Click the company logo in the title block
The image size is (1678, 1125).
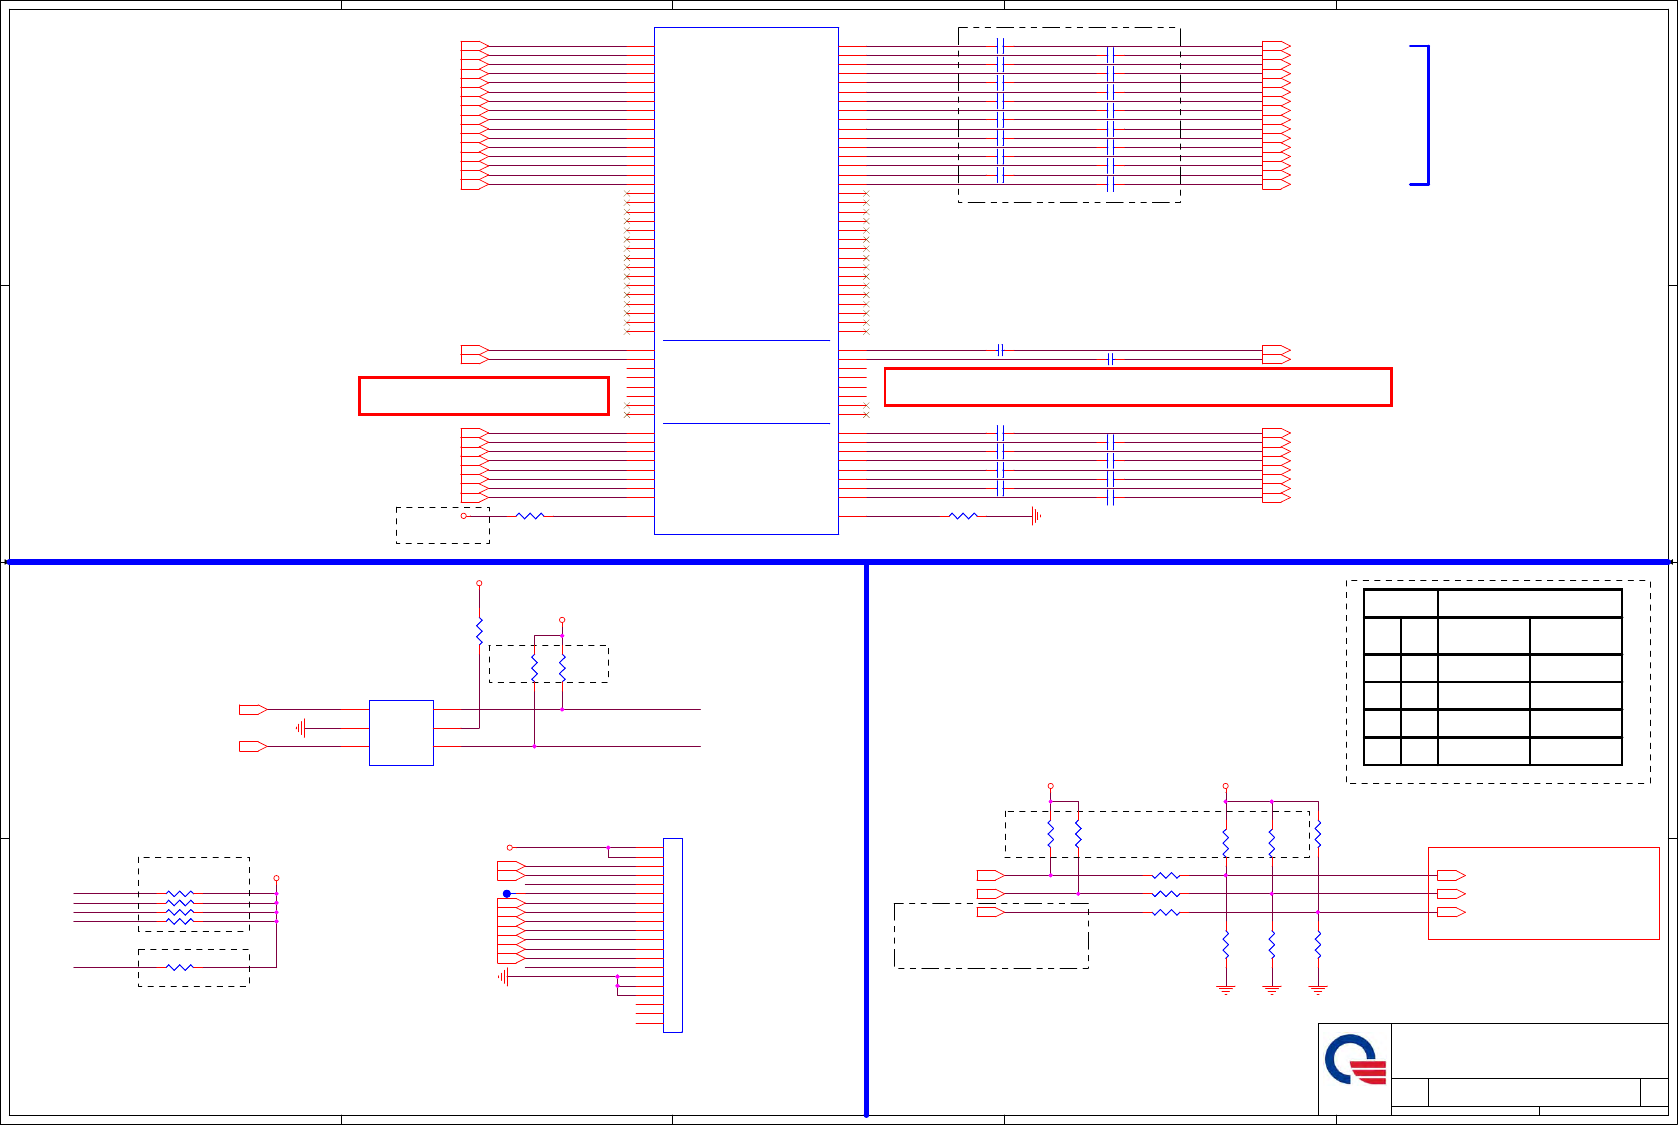click(1355, 1060)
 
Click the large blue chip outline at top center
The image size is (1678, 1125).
click(746, 280)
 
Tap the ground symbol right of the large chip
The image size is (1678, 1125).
click(1036, 516)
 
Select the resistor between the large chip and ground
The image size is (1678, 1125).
click(962, 516)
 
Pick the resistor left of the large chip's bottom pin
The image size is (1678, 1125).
click(530, 516)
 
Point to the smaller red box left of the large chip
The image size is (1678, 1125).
click(484, 395)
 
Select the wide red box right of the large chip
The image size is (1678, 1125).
click(1138, 387)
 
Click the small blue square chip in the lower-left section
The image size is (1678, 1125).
click(401, 733)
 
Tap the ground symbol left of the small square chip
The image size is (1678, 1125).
click(301, 728)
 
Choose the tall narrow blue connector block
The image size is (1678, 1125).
click(673, 935)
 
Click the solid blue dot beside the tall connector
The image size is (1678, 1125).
click(507, 893)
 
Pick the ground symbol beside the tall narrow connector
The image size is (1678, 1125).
click(503, 976)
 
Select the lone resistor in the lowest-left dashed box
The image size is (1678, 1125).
click(180, 967)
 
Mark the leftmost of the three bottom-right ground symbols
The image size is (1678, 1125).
click(1226, 989)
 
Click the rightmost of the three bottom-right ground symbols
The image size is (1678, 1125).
click(1318, 989)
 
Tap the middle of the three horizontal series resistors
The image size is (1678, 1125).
click(1166, 894)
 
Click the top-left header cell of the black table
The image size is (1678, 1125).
click(1401, 603)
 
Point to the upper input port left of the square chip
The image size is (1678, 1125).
click(253, 709)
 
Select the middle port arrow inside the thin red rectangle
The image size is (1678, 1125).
click(1451, 894)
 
